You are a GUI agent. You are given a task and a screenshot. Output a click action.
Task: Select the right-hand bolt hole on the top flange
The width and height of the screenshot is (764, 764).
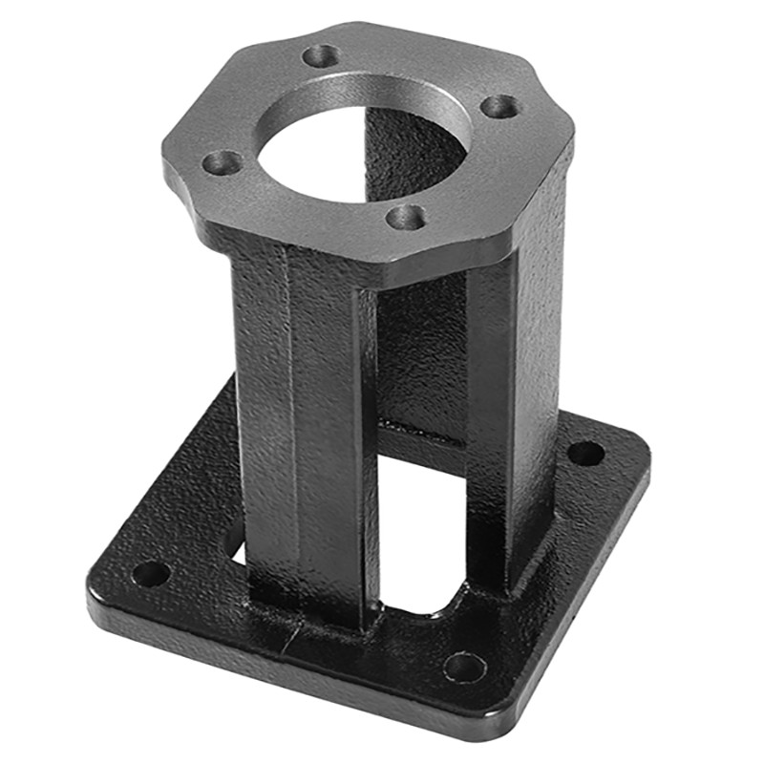coord(499,106)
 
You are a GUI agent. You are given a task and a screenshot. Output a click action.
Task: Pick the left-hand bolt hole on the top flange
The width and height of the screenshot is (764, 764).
coord(223,162)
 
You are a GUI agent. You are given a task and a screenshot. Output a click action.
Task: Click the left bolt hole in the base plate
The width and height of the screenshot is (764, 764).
coord(150,573)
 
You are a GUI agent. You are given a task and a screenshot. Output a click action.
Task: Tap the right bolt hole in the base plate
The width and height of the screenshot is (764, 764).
coord(585,453)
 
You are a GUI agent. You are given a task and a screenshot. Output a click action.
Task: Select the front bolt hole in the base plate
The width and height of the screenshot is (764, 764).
coord(465,666)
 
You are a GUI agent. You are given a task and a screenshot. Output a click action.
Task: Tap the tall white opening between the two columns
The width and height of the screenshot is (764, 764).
coord(420,535)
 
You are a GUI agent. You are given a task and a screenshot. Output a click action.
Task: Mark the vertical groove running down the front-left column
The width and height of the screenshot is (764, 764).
coord(286,430)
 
